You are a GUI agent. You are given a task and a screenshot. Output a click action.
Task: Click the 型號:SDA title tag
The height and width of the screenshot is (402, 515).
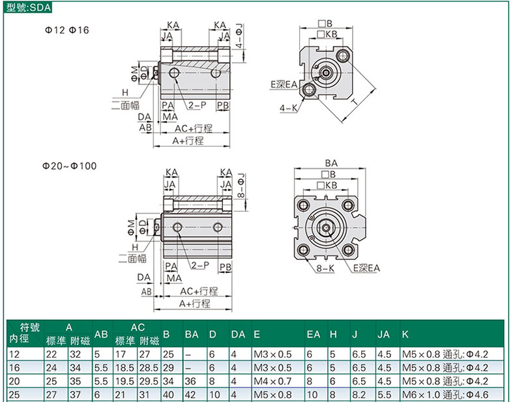pos(28,7)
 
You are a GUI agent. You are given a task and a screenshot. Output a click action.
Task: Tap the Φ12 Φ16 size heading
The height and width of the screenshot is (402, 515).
pos(67,30)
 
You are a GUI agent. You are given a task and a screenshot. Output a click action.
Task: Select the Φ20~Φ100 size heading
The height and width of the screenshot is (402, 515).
pos(69,165)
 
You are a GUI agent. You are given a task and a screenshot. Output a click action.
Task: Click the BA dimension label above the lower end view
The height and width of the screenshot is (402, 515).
pos(331,163)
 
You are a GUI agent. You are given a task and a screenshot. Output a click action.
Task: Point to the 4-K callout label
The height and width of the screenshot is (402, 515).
pos(288,108)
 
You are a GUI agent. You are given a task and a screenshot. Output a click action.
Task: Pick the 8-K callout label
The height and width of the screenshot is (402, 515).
pos(325,268)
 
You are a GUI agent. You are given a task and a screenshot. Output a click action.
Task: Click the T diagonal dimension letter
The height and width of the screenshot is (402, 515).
pos(355,102)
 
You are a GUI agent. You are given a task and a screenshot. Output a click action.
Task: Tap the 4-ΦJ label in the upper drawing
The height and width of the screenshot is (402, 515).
pos(240,36)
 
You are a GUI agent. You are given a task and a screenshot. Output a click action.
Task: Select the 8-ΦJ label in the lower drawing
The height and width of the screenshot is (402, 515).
pos(241,185)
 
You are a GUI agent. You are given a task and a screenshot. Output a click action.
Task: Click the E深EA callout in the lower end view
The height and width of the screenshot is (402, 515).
pos(366,268)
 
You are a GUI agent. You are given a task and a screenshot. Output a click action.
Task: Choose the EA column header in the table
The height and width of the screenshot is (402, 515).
pos(313,334)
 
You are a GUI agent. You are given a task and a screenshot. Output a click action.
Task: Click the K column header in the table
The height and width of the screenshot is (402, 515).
pos(405,334)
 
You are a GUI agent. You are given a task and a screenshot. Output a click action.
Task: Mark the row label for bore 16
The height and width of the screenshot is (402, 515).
pos(14,367)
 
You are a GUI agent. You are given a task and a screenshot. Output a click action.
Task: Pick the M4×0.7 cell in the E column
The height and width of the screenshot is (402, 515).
pos(272,381)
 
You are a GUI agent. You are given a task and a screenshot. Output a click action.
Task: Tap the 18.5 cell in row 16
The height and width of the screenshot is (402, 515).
pos(125,367)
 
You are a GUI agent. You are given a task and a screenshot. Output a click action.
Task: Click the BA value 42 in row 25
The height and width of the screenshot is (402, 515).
pos(190,394)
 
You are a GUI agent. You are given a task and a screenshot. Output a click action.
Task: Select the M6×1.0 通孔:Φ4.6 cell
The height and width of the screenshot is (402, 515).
pos(445,394)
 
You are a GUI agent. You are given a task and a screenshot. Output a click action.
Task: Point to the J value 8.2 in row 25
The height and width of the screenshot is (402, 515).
pos(359,394)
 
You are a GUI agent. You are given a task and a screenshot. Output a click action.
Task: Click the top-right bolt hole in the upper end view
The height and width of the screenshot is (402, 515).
pos(343,55)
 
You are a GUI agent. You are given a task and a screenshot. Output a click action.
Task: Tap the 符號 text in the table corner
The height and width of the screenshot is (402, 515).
pos(29,327)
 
